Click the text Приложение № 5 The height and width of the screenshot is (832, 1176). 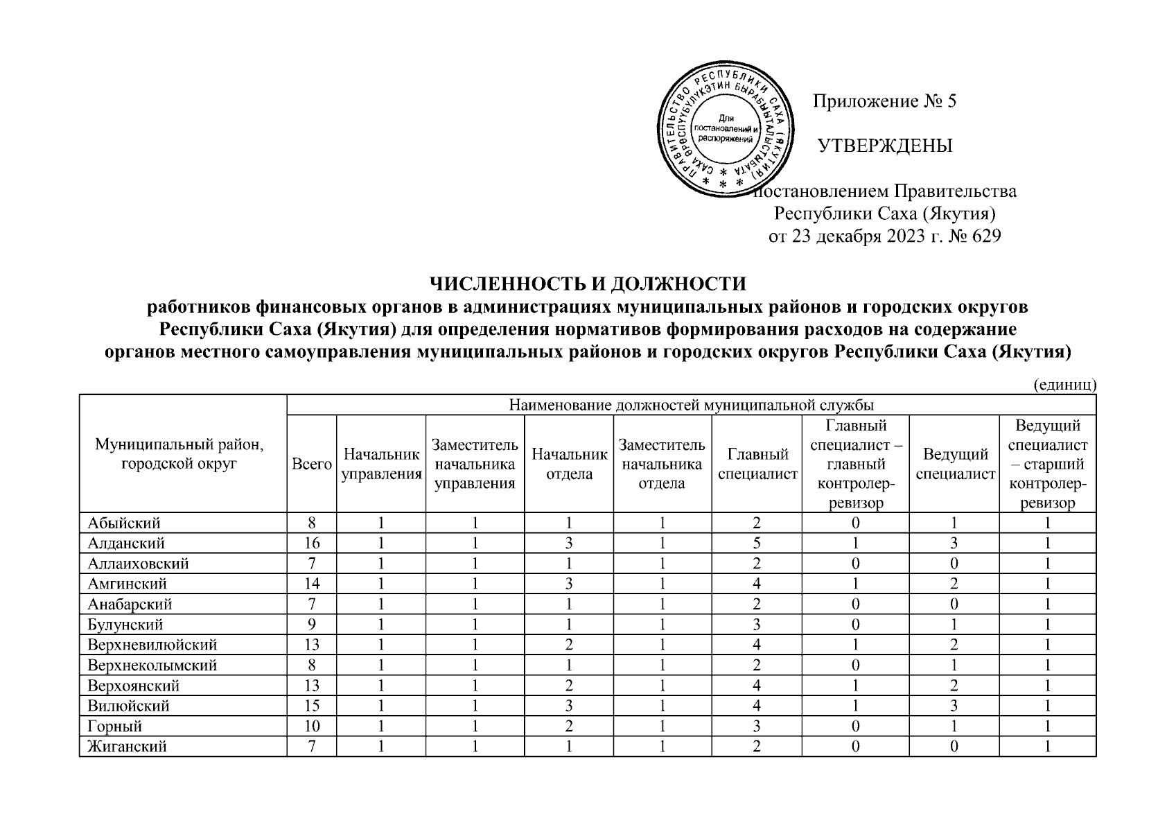click(884, 102)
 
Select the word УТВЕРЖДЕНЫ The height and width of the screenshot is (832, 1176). click(885, 146)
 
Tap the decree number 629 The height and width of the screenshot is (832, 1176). click(987, 236)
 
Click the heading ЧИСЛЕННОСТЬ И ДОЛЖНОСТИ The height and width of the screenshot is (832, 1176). click(588, 284)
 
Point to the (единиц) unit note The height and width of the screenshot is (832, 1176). click(1064, 385)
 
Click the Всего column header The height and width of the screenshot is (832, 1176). click(311, 464)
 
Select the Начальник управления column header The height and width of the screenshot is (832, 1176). click(381, 464)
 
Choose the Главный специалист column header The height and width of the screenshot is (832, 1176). click(757, 464)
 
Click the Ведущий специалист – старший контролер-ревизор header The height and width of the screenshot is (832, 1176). click(1047, 464)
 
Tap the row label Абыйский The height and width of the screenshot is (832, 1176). click(124, 523)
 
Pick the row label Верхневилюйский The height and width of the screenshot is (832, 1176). click(152, 645)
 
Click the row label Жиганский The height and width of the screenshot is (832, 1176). click(128, 747)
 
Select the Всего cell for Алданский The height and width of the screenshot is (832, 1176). click(311, 543)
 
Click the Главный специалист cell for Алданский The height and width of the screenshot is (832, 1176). click(757, 543)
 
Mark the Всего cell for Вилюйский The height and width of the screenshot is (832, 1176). click(311, 706)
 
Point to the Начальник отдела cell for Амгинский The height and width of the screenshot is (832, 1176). click(569, 584)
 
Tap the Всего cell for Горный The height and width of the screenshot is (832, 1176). click(311, 726)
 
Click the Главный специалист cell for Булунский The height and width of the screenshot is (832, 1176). click(757, 625)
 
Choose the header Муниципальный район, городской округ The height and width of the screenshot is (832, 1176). click(183, 453)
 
